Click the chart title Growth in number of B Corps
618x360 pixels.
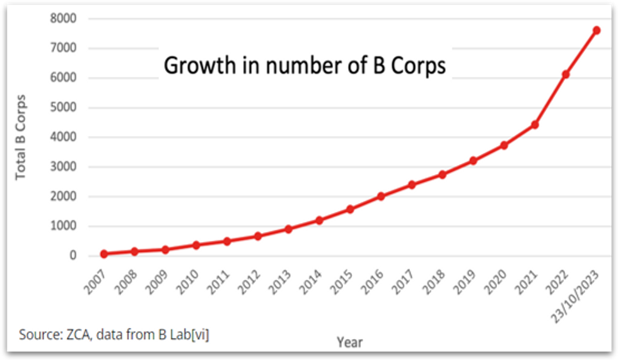pyautogui.click(x=305, y=66)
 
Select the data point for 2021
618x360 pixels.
pyautogui.click(x=535, y=125)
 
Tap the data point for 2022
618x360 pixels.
pyautogui.click(x=566, y=74)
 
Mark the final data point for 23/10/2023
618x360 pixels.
pyautogui.click(x=596, y=30)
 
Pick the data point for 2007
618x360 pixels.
pyautogui.click(x=104, y=254)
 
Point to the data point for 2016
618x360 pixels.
pyautogui.click(x=380, y=196)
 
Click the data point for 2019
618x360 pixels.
pyautogui.click(x=473, y=161)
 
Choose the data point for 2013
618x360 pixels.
pyautogui.click(x=288, y=229)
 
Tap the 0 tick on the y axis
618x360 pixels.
pyautogui.click(x=73, y=256)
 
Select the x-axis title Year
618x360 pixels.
pyautogui.click(x=349, y=342)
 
